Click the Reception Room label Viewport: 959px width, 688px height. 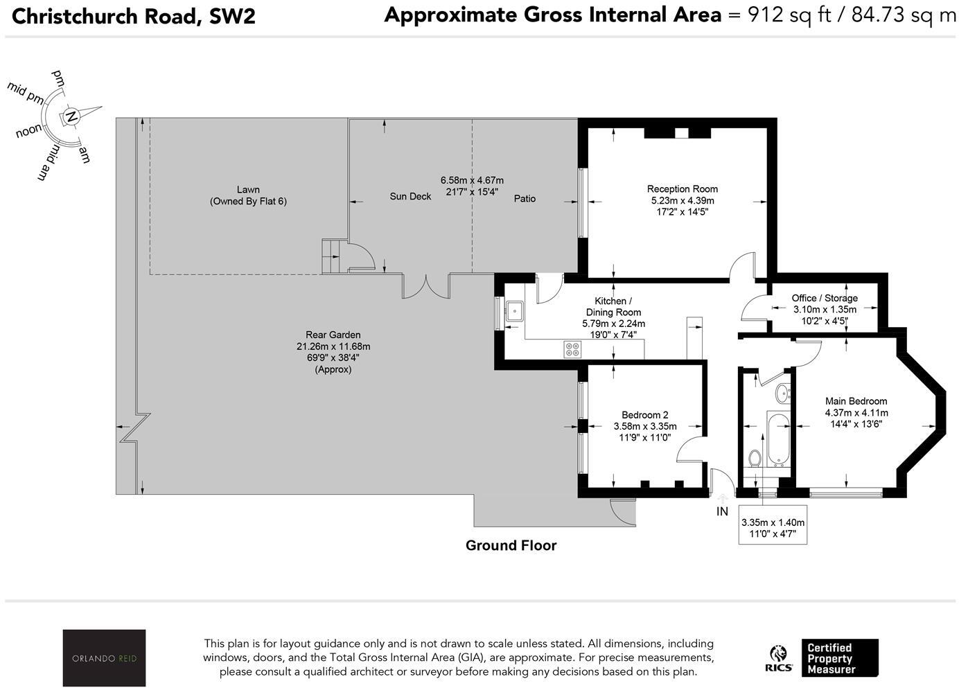point(682,188)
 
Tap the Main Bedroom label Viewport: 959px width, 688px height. point(856,401)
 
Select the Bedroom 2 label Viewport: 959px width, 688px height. point(644,415)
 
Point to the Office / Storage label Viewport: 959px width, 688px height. point(825,298)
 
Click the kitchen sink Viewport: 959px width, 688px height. point(514,311)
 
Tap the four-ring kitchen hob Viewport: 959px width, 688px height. point(572,349)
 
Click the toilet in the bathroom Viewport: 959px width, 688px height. point(755,458)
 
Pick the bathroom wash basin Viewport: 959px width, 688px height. point(784,393)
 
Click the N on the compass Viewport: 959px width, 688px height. point(71,117)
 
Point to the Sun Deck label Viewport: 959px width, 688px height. point(410,197)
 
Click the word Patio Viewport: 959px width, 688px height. point(525,199)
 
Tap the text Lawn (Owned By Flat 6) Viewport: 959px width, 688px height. point(248,195)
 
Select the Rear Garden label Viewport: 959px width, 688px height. point(333,335)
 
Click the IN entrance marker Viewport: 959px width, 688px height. point(722,511)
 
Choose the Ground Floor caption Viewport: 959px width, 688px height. point(511,545)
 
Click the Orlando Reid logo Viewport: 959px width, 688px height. point(104,658)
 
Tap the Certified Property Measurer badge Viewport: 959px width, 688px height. point(839,658)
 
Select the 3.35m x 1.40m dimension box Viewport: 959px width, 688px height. point(773,529)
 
